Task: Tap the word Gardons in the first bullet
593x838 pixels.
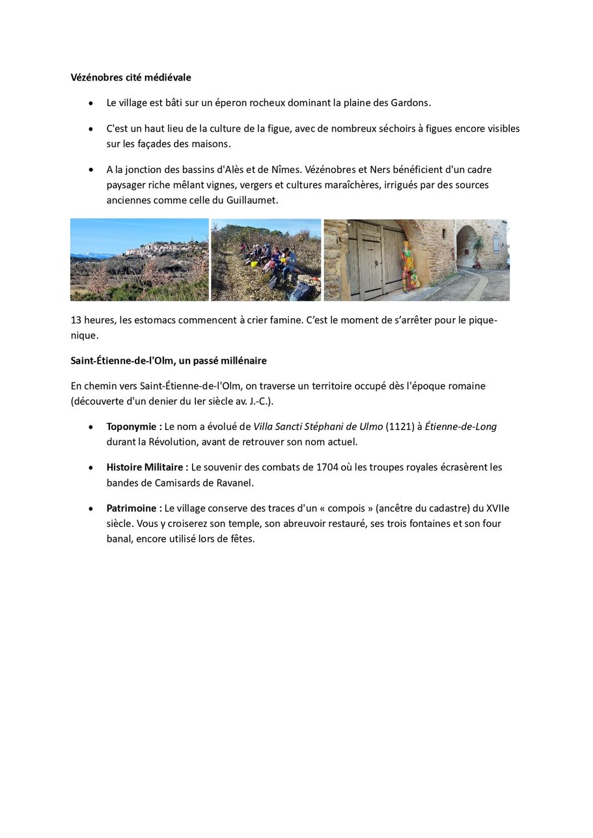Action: pyautogui.click(x=410, y=103)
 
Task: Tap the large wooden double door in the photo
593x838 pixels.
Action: pyautogui.click(x=375, y=260)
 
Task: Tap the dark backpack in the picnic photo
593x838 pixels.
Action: pyautogui.click(x=300, y=291)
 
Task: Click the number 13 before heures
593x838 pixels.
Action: pyautogui.click(x=76, y=321)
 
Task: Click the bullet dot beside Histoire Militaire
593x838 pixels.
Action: pyautogui.click(x=90, y=468)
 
